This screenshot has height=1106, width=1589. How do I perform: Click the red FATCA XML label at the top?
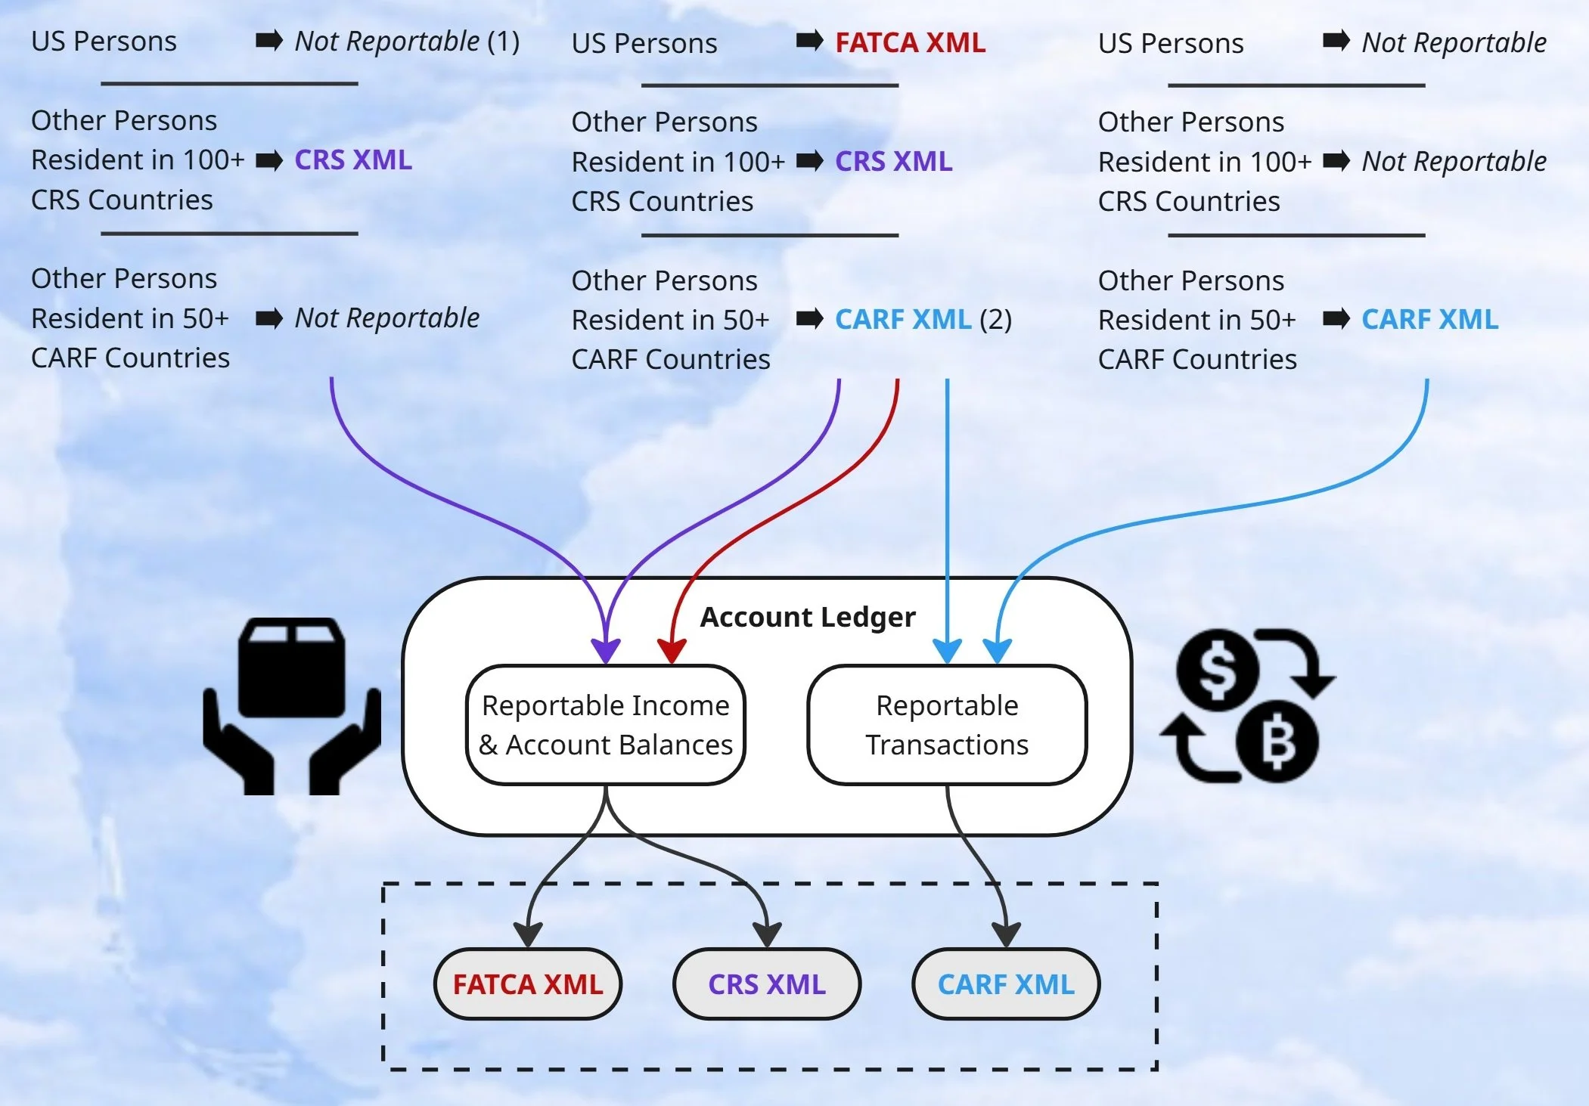(x=910, y=43)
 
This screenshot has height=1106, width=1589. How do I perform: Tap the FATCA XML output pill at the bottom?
(x=528, y=984)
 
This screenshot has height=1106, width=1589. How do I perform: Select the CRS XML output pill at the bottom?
(x=767, y=984)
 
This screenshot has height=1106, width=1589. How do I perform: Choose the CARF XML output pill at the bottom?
(x=1006, y=984)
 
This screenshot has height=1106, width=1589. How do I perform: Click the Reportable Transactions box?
(x=947, y=725)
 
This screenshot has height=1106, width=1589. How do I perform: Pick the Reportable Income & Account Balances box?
(x=606, y=725)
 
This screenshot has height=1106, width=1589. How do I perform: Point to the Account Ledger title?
(x=808, y=617)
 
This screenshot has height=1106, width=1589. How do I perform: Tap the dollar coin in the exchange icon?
(x=1218, y=670)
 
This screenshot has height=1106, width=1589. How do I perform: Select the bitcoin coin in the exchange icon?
(x=1277, y=742)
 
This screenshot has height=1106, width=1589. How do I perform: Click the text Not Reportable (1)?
(x=407, y=42)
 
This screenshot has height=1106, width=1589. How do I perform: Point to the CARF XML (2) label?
(x=923, y=320)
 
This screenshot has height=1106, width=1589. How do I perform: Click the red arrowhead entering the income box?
(x=672, y=650)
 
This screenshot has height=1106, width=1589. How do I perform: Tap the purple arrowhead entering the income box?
(x=606, y=650)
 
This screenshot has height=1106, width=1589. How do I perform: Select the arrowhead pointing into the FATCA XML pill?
(x=528, y=934)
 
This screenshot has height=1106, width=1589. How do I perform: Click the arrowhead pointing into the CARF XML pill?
(x=1006, y=934)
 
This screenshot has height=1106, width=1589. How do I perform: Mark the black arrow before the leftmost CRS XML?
(x=269, y=160)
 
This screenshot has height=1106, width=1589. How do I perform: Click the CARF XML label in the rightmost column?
(x=1429, y=320)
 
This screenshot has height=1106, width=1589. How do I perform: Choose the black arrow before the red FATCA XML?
(x=809, y=41)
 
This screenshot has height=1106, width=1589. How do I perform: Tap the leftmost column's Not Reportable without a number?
(x=386, y=318)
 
